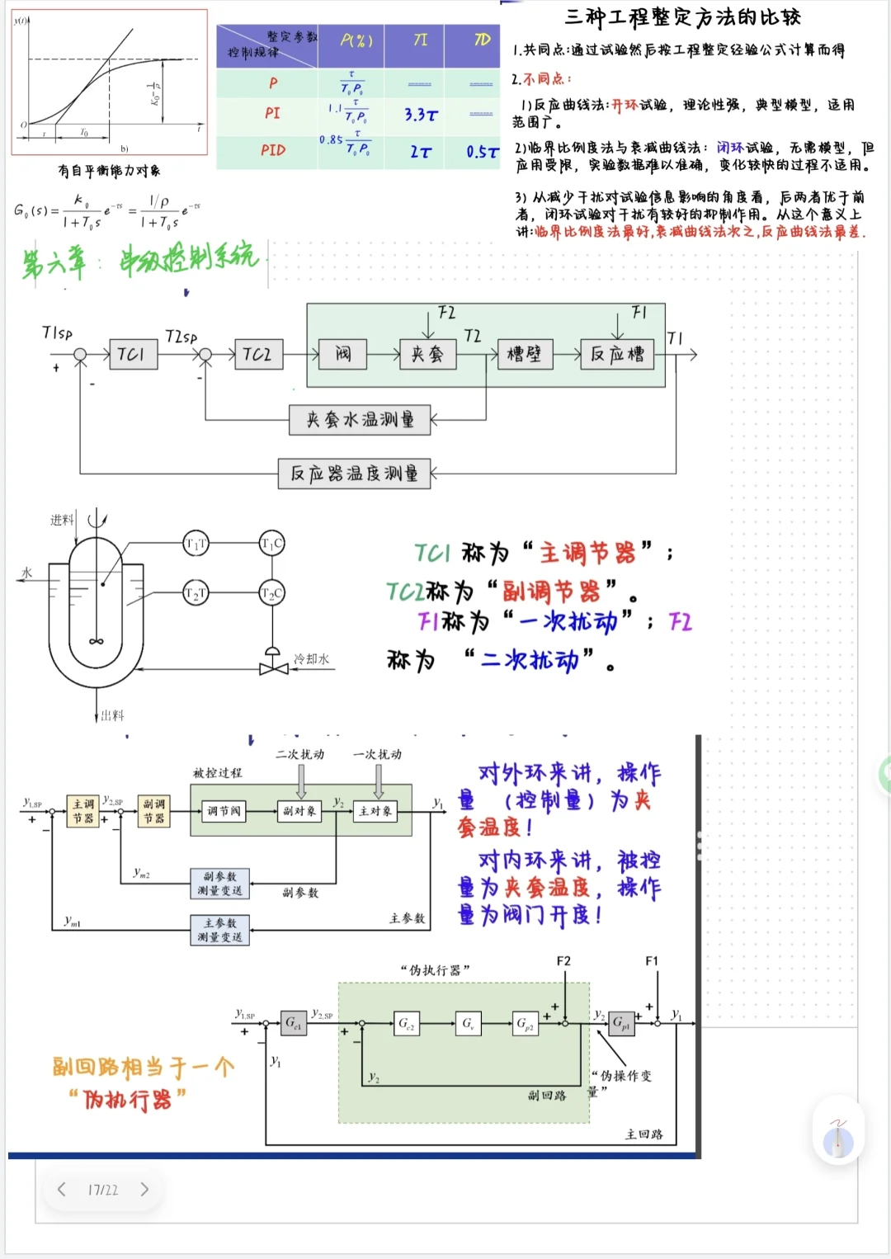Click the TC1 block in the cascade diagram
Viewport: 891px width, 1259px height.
pyautogui.click(x=133, y=355)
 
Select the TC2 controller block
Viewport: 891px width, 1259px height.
pyautogui.click(x=258, y=355)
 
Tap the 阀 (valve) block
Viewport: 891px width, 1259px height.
pyautogui.click(x=343, y=355)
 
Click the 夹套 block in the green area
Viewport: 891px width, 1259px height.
pyautogui.click(x=427, y=355)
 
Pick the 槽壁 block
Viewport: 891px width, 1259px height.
pyautogui.click(x=525, y=355)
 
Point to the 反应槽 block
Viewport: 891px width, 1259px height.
pyautogui.click(x=617, y=355)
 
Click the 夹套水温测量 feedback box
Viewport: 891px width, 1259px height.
pyautogui.click(x=360, y=420)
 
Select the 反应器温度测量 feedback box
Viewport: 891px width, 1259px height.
pyautogui.click(x=354, y=474)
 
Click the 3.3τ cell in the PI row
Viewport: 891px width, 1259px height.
pyautogui.click(x=421, y=115)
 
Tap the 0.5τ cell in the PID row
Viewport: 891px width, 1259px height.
pyautogui.click(x=482, y=152)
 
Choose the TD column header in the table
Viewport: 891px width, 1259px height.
pyautogui.click(x=482, y=40)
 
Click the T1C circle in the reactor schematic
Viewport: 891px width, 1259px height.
pyautogui.click(x=272, y=543)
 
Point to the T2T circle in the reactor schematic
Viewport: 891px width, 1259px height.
pyautogui.click(x=196, y=593)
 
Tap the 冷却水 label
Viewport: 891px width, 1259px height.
pyautogui.click(x=312, y=659)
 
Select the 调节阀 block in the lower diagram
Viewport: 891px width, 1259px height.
pyautogui.click(x=224, y=811)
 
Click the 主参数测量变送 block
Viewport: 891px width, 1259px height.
pyautogui.click(x=219, y=930)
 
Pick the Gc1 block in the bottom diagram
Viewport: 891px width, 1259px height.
pyautogui.click(x=293, y=1023)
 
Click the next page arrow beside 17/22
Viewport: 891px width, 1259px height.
pyautogui.click(x=144, y=1189)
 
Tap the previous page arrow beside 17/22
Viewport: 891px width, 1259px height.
pyautogui.click(x=61, y=1189)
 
